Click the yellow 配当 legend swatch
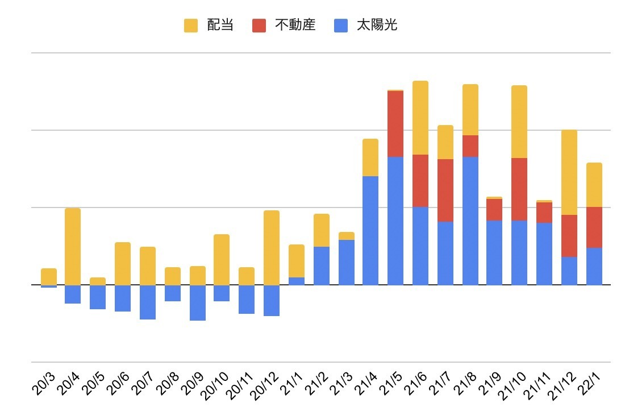(191, 26)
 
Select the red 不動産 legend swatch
(259, 26)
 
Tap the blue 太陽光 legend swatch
(341, 26)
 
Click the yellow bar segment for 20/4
(73, 246)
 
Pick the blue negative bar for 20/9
(198, 302)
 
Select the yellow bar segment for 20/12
(272, 247)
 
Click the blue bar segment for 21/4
(370, 230)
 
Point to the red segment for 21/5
(395, 123)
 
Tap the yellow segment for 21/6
(420, 118)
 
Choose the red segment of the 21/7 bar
(445, 190)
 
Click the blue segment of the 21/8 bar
(470, 221)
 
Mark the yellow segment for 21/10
(519, 122)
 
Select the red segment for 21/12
(569, 235)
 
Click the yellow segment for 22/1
(594, 185)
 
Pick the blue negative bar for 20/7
(148, 302)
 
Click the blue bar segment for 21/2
(322, 265)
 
